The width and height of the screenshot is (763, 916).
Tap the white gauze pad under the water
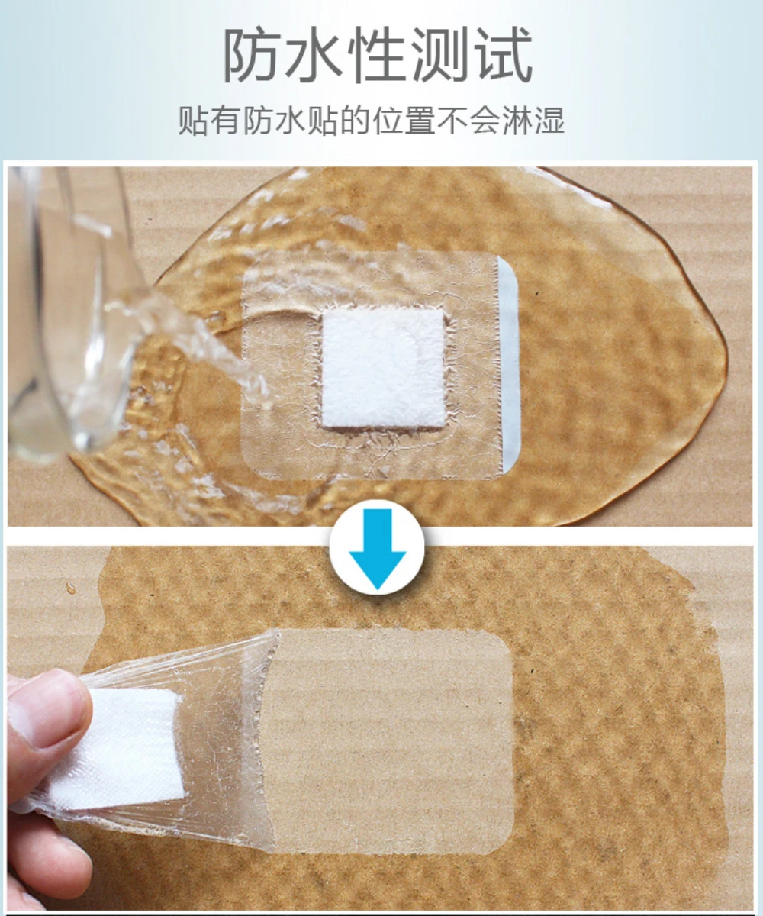[x=382, y=368]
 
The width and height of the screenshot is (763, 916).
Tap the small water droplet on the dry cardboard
[x=71, y=589]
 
